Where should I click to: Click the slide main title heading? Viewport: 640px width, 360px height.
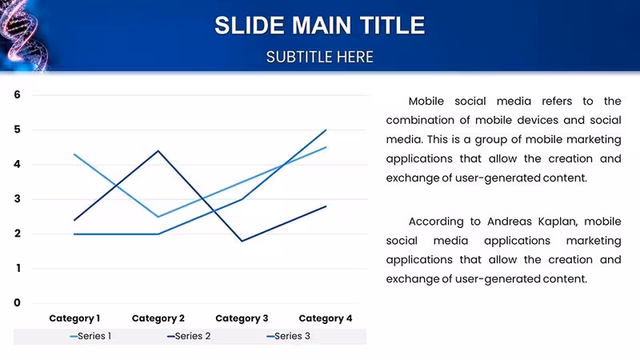319,26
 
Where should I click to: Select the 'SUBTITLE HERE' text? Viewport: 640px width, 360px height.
319,57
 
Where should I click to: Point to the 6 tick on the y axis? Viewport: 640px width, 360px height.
17,94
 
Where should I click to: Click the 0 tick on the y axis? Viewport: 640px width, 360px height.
17,303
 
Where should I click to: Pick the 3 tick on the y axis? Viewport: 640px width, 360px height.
17,199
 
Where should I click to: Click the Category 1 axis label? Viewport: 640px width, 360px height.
74,318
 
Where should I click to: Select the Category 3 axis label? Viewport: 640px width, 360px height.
242,318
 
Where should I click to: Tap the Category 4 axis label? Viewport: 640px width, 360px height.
326,318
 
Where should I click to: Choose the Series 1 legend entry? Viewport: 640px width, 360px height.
90,336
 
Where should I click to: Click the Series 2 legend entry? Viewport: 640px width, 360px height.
189,336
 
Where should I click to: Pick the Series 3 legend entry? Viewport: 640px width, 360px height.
288,336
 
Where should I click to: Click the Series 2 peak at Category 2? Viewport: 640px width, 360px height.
158,151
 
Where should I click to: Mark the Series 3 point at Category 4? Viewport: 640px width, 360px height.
326,130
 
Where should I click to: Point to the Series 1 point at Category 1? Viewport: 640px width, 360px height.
74,154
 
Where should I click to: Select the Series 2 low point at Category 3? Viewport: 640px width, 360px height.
242,241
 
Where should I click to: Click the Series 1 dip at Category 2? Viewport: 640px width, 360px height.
158,217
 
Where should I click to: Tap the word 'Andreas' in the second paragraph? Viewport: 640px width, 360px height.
509,222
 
